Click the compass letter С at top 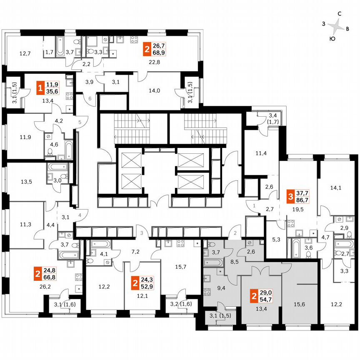tap(340, 14)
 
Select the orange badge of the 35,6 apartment tap(40, 88)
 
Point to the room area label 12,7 tap(25, 53)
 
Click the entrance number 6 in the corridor tap(90, 98)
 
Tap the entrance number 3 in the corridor tap(142, 232)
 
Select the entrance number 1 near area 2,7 tap(254, 205)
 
